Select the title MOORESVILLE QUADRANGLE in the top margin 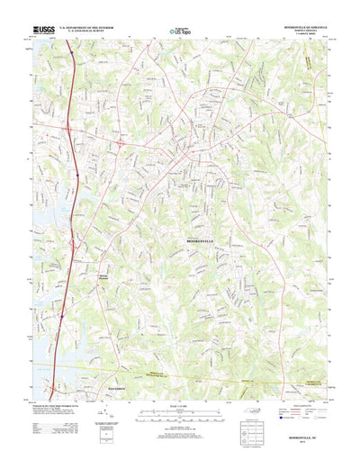pyautogui.click(x=301, y=28)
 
